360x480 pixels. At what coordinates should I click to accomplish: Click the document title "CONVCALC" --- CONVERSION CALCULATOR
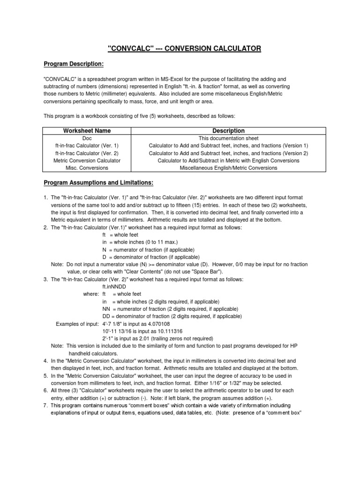[184, 48]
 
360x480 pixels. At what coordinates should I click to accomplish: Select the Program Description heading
[74, 64]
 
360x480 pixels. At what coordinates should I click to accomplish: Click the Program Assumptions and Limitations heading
[98, 182]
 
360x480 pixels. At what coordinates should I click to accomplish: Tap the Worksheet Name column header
[87, 131]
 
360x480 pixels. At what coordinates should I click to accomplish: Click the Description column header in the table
[228, 131]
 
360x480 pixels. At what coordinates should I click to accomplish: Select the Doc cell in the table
[87, 138]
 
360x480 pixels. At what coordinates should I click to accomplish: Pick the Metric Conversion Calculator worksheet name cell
[87, 160]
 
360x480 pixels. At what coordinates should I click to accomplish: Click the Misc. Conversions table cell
[87, 167]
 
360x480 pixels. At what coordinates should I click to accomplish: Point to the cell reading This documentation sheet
[228, 138]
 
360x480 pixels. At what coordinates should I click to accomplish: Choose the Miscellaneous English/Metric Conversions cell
[228, 167]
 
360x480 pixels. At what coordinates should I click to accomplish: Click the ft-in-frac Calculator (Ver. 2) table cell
[87, 153]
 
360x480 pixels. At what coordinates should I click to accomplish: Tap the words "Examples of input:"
[77, 324]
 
